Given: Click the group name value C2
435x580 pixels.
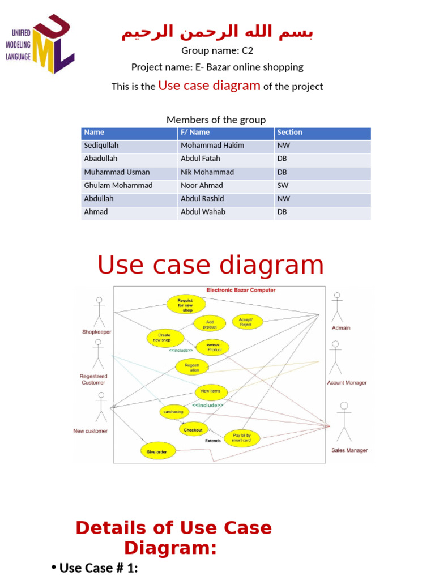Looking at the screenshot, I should [247, 50].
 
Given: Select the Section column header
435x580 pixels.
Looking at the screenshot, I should [289, 133].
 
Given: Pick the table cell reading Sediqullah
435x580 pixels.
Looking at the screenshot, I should [101, 146].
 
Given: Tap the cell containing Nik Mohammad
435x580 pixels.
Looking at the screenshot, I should [207, 172].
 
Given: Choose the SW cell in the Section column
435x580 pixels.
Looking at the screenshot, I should [283, 185].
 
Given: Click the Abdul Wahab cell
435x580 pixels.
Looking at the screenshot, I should [203, 212].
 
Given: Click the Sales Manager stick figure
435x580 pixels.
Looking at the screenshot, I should [344, 422].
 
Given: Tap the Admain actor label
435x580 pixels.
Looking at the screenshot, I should [341, 328].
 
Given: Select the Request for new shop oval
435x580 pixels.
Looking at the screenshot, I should [185, 305].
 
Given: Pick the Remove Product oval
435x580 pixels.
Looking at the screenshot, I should [213, 347].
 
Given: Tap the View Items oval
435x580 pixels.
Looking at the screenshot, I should [211, 391].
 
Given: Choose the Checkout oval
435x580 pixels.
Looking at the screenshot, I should [193, 430].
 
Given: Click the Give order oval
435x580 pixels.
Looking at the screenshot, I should [157, 451].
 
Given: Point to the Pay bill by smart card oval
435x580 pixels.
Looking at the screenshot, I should [242, 437].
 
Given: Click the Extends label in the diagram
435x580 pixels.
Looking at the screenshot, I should [213, 440].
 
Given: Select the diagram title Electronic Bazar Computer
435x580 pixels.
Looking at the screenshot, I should [241, 290].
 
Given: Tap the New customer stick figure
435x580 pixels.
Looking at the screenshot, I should [101, 407].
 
